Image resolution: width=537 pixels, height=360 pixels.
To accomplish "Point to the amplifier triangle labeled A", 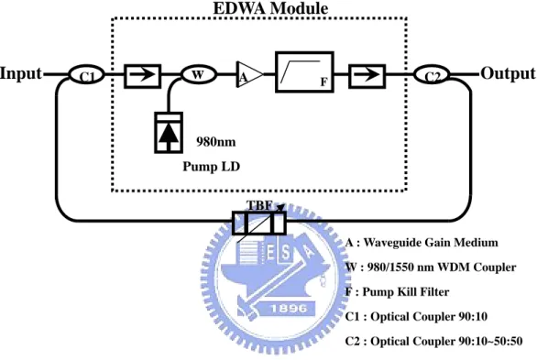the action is (249, 74).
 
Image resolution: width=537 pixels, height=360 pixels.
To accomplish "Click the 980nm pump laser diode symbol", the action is (169, 133).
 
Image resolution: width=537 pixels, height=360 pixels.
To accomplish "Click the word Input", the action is (21, 73).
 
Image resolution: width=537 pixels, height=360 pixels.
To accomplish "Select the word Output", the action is (509, 73).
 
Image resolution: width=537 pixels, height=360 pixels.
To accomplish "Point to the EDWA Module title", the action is (270, 8).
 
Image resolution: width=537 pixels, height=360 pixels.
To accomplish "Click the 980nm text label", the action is (215, 142).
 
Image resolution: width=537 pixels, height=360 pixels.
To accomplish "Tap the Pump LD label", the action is (212, 167).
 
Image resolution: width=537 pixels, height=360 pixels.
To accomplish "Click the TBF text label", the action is (259, 205).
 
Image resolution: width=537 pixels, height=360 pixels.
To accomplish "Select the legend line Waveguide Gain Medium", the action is (422, 243).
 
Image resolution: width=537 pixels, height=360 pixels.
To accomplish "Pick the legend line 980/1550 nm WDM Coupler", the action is (431, 267).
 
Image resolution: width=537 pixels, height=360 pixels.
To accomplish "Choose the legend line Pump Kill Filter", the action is (398, 292).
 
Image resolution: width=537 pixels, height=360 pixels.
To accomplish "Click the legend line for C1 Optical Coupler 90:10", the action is (416, 317).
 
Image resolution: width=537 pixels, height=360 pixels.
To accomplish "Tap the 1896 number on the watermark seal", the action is (289, 309).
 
